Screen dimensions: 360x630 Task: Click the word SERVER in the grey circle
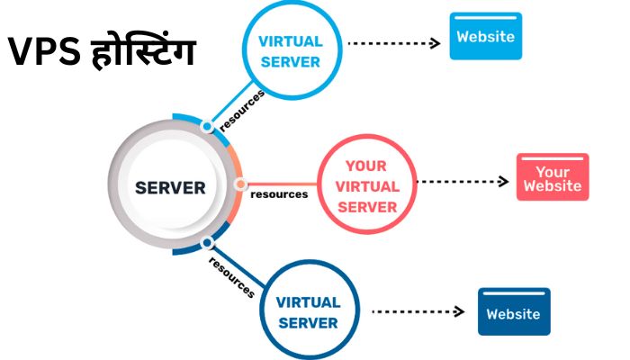coord(170,188)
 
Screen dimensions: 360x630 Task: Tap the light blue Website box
coord(486,37)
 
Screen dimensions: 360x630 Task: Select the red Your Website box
coord(553,178)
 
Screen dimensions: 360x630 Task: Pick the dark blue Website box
coord(513,313)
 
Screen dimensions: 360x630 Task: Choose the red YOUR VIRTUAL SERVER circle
coord(365,186)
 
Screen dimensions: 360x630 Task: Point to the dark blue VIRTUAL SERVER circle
coord(307,311)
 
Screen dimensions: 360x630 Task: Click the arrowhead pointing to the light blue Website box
coord(435,42)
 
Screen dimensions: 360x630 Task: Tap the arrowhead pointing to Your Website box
coord(503,181)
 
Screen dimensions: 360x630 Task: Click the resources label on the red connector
coord(279,193)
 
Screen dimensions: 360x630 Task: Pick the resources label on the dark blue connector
coord(231,276)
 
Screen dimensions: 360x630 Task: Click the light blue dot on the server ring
coord(207,127)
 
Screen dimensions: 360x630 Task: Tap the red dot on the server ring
coord(240,184)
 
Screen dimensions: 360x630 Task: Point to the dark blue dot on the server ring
coord(207,243)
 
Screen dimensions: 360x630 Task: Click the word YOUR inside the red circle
coord(365,166)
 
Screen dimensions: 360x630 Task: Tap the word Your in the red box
coord(553,172)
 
